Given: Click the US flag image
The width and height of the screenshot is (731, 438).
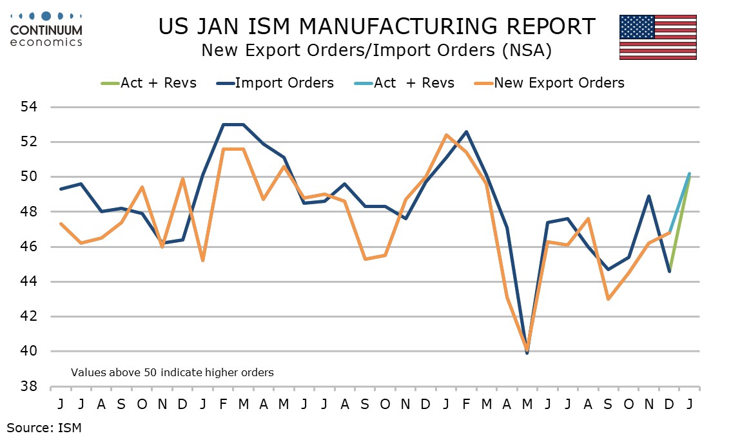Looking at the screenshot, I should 658,37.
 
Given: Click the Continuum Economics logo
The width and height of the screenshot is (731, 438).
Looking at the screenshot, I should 46,29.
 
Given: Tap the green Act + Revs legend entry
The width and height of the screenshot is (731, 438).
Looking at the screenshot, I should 149,82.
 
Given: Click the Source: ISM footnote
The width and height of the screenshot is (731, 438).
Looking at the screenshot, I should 44,426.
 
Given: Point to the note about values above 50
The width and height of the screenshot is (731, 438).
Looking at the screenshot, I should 172,372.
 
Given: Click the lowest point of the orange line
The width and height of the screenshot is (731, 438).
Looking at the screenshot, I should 528,350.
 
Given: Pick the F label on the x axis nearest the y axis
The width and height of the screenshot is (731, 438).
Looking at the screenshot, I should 224,404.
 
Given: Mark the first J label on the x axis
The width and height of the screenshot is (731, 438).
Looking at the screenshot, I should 61,404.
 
